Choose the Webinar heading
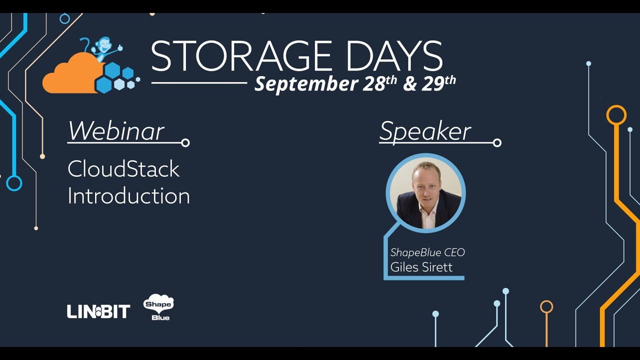[x=116, y=131]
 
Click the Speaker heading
[x=425, y=131]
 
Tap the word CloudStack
[x=123, y=169]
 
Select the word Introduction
[x=128, y=196]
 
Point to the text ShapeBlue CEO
[x=427, y=252]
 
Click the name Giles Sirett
[x=421, y=267]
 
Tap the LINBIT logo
[x=98, y=311]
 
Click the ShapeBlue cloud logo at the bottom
[x=158, y=306]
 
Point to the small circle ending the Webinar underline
[x=185, y=143]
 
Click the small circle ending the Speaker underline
[x=497, y=143]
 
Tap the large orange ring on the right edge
[x=616, y=115]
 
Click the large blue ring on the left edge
[x=14, y=183]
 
